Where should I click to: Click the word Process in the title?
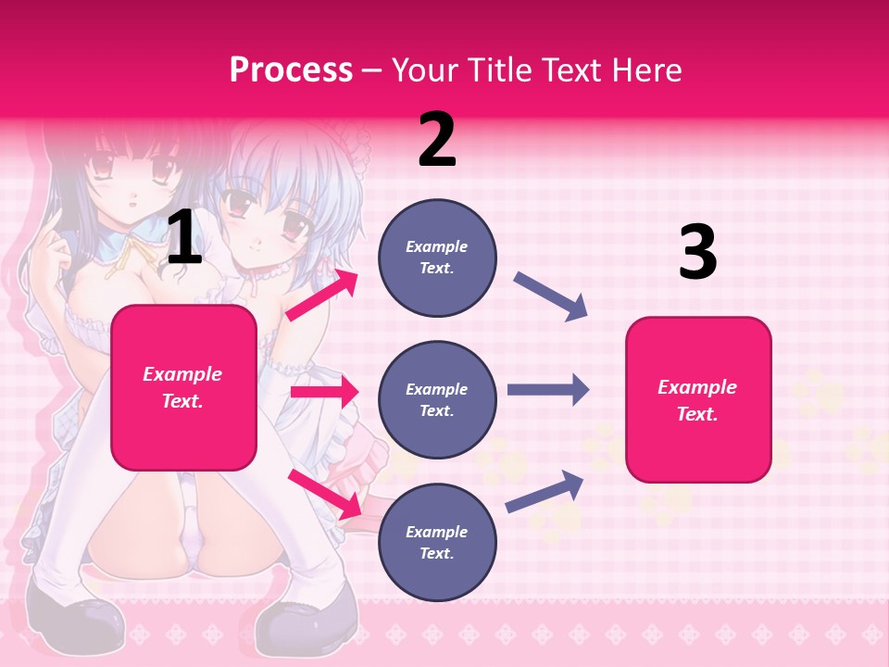pos(291,70)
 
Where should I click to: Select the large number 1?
pos(184,239)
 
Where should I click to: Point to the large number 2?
pos(437,140)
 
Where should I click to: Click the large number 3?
pos(697,252)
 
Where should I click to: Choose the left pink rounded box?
pos(183,387)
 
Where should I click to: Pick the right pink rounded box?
pos(698,400)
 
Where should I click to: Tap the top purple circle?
pos(437,258)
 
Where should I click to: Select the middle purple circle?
pos(437,400)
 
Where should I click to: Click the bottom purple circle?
pos(437,543)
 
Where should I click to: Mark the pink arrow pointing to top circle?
pos(321,295)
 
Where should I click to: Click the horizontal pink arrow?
pos(324,392)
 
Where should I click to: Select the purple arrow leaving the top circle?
pos(550,296)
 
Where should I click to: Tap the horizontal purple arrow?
pos(547,390)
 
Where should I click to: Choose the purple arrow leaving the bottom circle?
pos(545,491)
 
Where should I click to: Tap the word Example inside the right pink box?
pos(697,387)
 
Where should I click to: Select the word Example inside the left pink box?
pos(182,374)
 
